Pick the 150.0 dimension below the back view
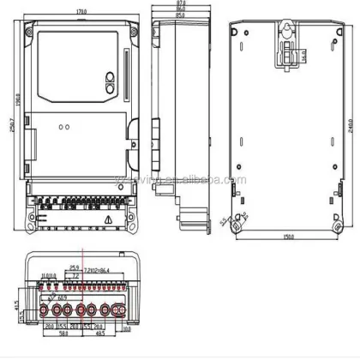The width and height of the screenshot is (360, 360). (x=289, y=237)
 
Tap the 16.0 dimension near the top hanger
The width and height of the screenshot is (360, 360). (x=303, y=56)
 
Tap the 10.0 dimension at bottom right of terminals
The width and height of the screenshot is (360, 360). (x=126, y=327)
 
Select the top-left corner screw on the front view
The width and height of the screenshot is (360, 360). (x=32, y=35)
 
